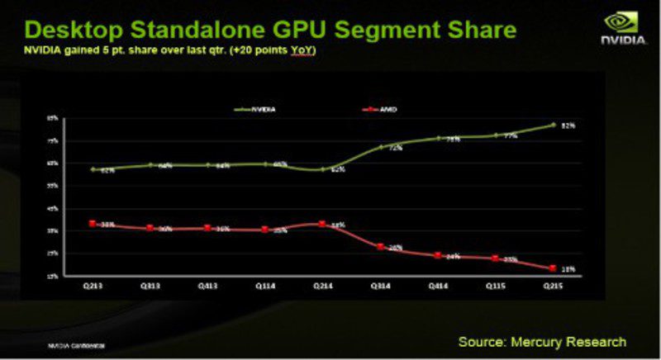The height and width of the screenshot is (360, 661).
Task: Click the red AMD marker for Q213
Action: [93, 224]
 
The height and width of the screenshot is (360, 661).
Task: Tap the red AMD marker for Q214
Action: [322, 224]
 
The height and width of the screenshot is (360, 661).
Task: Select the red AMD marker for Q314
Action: [379, 246]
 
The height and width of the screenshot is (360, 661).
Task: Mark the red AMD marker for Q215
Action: [551, 268]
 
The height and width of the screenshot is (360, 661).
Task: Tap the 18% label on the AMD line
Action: [568, 268]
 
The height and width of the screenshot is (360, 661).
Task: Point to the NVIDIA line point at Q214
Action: [322, 169]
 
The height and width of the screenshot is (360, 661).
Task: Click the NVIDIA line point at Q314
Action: [379, 148]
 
